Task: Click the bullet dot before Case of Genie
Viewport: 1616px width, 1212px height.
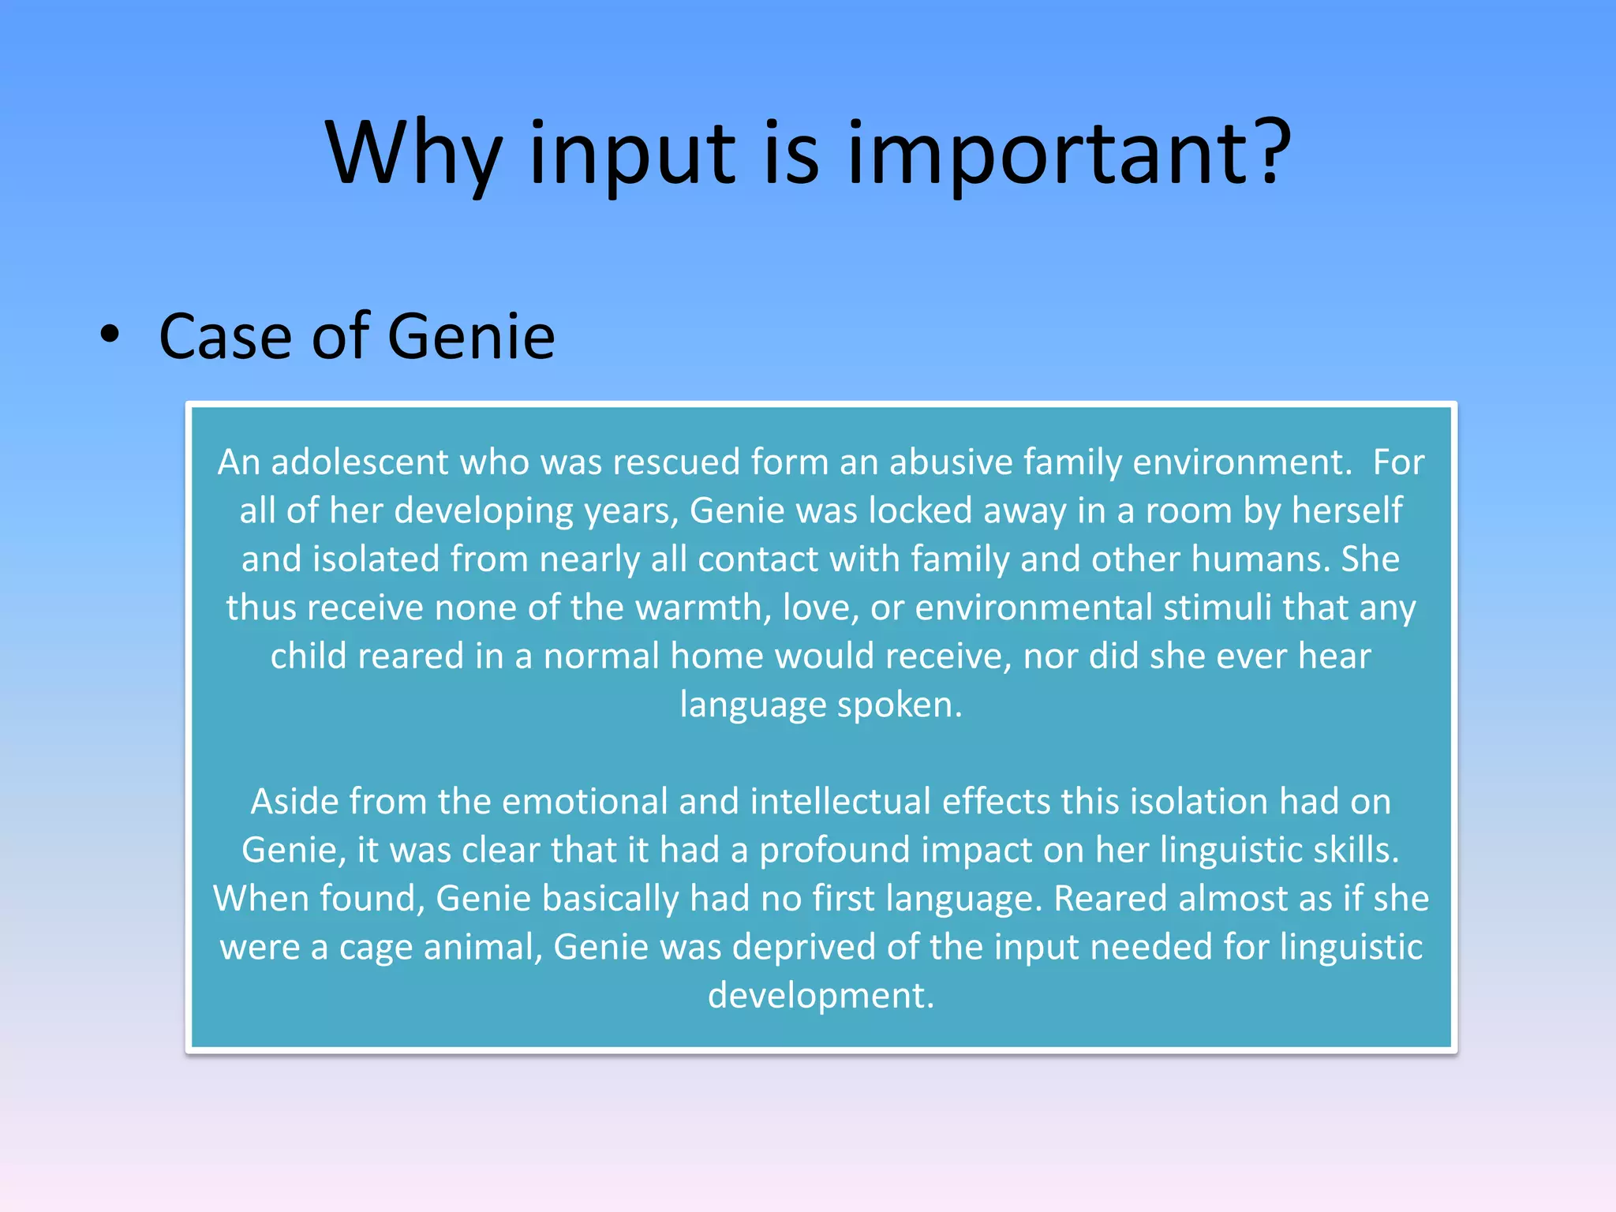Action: click(x=110, y=335)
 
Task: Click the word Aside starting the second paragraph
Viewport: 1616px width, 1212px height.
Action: click(x=294, y=802)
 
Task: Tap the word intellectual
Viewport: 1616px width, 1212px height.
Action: click(x=840, y=802)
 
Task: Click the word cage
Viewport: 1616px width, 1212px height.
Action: click(x=375, y=948)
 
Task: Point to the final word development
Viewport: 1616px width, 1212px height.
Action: click(x=821, y=996)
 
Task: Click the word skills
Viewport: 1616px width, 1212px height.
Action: click(x=1356, y=851)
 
